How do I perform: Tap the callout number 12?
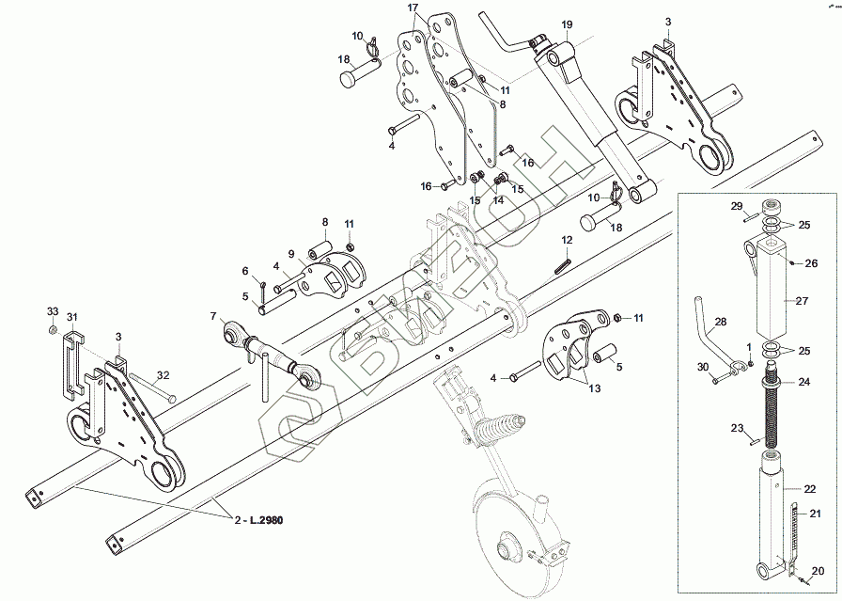568,240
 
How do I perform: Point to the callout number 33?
53,311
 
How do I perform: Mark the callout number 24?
804,382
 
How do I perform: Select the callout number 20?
817,570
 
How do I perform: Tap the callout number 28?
720,322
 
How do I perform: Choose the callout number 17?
413,8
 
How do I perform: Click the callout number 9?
291,254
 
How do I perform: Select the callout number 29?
737,206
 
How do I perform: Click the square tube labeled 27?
776,292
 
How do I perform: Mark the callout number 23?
737,428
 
